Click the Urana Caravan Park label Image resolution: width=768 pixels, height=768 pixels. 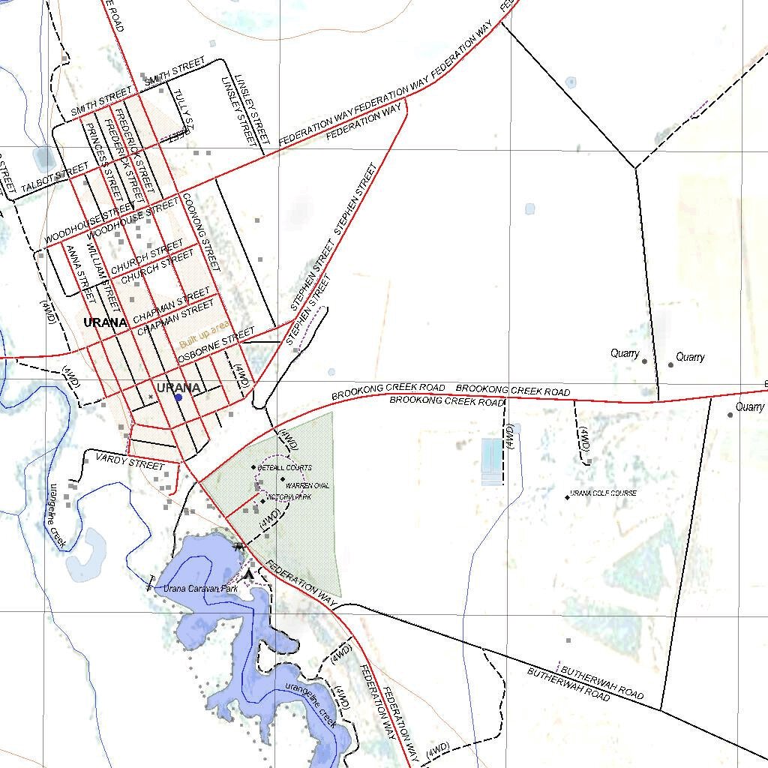coord(200,589)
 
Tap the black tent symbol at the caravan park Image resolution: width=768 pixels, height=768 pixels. coord(250,574)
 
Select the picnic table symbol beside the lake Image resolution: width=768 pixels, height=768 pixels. coord(239,547)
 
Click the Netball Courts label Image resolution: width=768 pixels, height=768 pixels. coord(284,467)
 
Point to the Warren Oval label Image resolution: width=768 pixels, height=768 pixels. coord(307,486)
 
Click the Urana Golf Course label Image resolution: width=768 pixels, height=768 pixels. coord(604,493)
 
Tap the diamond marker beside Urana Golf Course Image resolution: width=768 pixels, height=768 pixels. coord(567,496)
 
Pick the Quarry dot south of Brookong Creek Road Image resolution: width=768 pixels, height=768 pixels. coord(730,414)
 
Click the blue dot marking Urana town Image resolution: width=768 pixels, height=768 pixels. coord(178,397)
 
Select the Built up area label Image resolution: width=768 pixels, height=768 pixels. coord(204,335)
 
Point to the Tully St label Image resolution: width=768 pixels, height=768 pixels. coord(184,109)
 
